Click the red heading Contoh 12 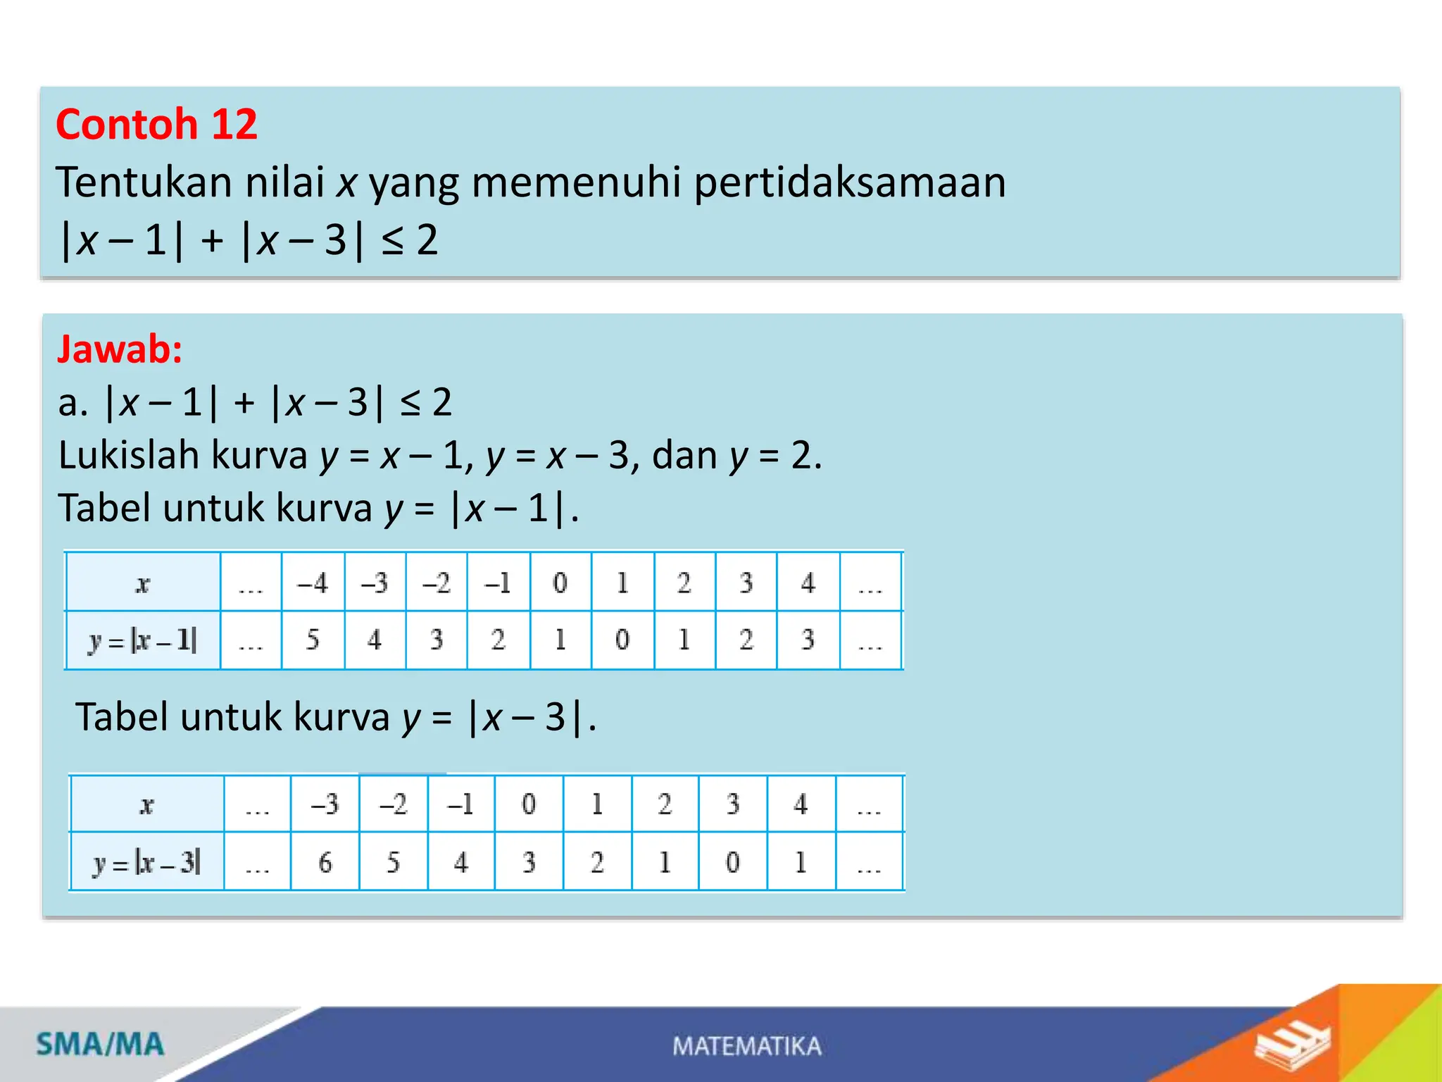tap(156, 125)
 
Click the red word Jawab tap(120, 349)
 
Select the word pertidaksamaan tap(850, 182)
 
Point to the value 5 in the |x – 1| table tap(313, 640)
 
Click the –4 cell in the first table tap(313, 583)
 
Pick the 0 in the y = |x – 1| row tap(622, 640)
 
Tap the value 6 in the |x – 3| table tap(325, 862)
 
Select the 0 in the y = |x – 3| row tap(732, 862)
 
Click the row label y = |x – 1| tap(143, 640)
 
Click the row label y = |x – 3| tap(147, 862)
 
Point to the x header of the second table tap(146, 804)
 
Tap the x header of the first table tap(143, 583)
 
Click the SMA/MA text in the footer tap(100, 1044)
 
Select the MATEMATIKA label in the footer tap(746, 1046)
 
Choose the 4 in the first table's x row tap(808, 583)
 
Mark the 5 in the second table tap(393, 862)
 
